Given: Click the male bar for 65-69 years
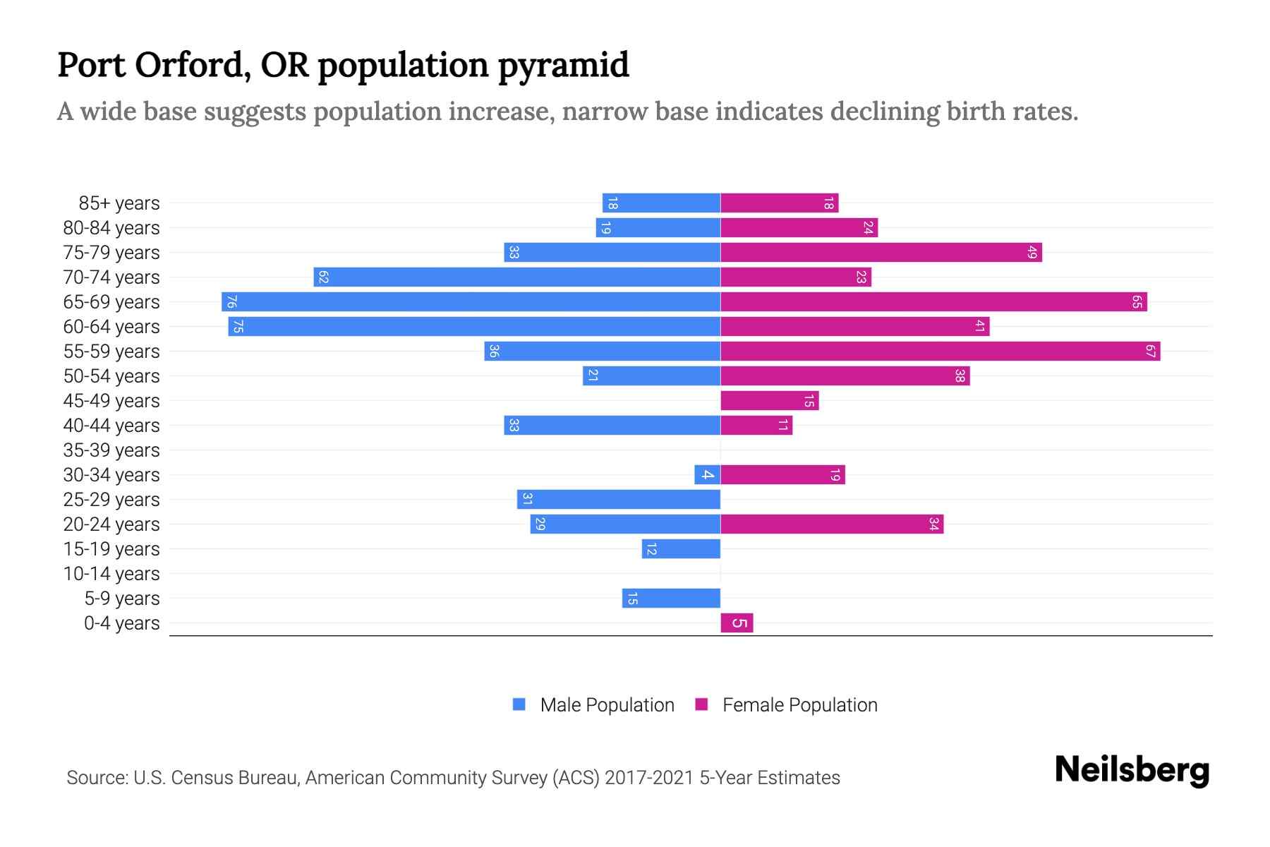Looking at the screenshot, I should pos(471,301).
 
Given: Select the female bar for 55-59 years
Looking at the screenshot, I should pos(940,351).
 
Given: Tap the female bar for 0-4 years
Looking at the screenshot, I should pos(737,623).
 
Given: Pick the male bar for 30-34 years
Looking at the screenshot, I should pos(707,474).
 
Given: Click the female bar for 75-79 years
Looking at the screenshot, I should pos(881,252).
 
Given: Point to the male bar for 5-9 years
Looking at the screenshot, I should pos(671,598).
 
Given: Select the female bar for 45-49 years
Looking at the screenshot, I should pos(769,400).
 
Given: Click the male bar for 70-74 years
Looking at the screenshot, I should pos(516,277).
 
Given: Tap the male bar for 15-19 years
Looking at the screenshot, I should pos(681,548).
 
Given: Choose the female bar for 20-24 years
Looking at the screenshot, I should pos(831,524).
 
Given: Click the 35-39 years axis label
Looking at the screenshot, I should pos(111,450).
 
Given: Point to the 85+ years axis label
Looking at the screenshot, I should pos(119,203).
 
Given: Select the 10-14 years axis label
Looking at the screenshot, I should pos(111,573).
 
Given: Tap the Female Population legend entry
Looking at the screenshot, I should pos(787,704).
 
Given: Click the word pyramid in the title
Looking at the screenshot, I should pos(563,65).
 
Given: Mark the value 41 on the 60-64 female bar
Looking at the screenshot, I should pos(979,326).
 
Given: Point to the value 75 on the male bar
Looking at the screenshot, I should pos(238,326).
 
